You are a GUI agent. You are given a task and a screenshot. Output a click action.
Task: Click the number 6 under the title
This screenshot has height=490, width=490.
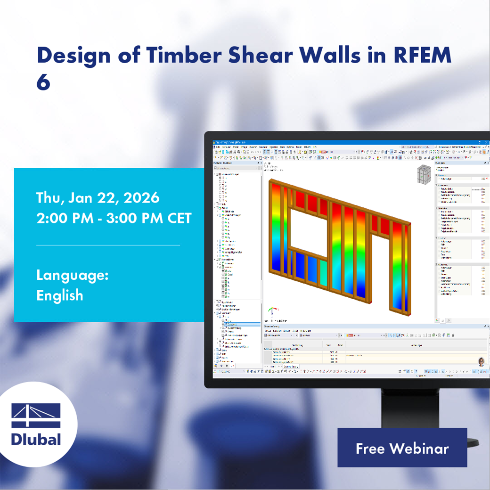point(43,82)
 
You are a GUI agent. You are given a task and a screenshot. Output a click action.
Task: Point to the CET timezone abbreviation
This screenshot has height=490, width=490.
point(179,218)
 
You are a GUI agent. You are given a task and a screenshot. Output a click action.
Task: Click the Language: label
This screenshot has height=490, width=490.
point(72,275)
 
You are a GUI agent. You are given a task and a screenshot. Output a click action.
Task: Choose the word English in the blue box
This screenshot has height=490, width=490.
point(59,295)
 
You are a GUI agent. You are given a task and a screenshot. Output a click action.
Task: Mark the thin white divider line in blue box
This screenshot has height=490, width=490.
point(108,245)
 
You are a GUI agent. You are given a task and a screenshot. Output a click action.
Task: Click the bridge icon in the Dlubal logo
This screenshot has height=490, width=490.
point(36,416)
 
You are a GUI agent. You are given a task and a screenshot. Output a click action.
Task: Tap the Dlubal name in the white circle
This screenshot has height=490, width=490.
point(36,439)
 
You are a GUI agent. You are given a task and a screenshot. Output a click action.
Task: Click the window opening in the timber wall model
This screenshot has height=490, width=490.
point(308,229)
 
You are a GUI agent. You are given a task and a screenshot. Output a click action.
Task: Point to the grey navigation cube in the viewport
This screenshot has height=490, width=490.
point(424,175)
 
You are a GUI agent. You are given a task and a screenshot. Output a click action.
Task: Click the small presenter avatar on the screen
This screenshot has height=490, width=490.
point(481,361)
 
